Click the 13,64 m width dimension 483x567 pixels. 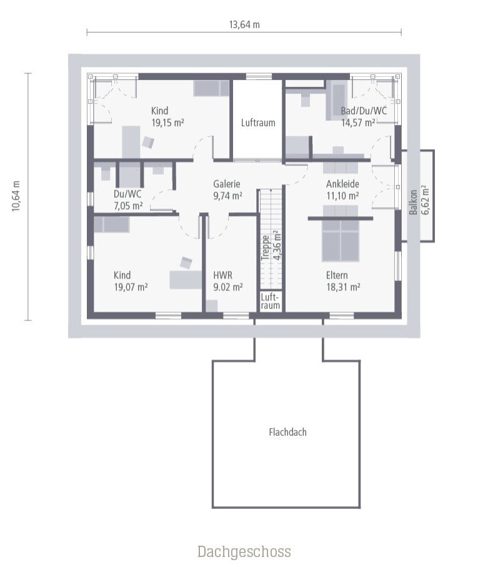point(244,25)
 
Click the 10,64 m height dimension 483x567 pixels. point(16,197)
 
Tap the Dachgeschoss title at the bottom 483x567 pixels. point(244,551)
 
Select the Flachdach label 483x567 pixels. point(287,431)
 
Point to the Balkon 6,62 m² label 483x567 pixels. point(419,200)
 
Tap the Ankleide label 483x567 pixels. point(342,184)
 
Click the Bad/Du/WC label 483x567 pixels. point(364,111)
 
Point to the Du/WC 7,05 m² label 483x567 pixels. point(127,199)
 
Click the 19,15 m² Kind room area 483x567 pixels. point(167,123)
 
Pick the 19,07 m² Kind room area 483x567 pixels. point(130,287)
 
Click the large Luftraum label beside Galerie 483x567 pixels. point(258,123)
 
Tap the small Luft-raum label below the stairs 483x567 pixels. point(271,301)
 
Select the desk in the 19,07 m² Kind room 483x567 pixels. point(186,280)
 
